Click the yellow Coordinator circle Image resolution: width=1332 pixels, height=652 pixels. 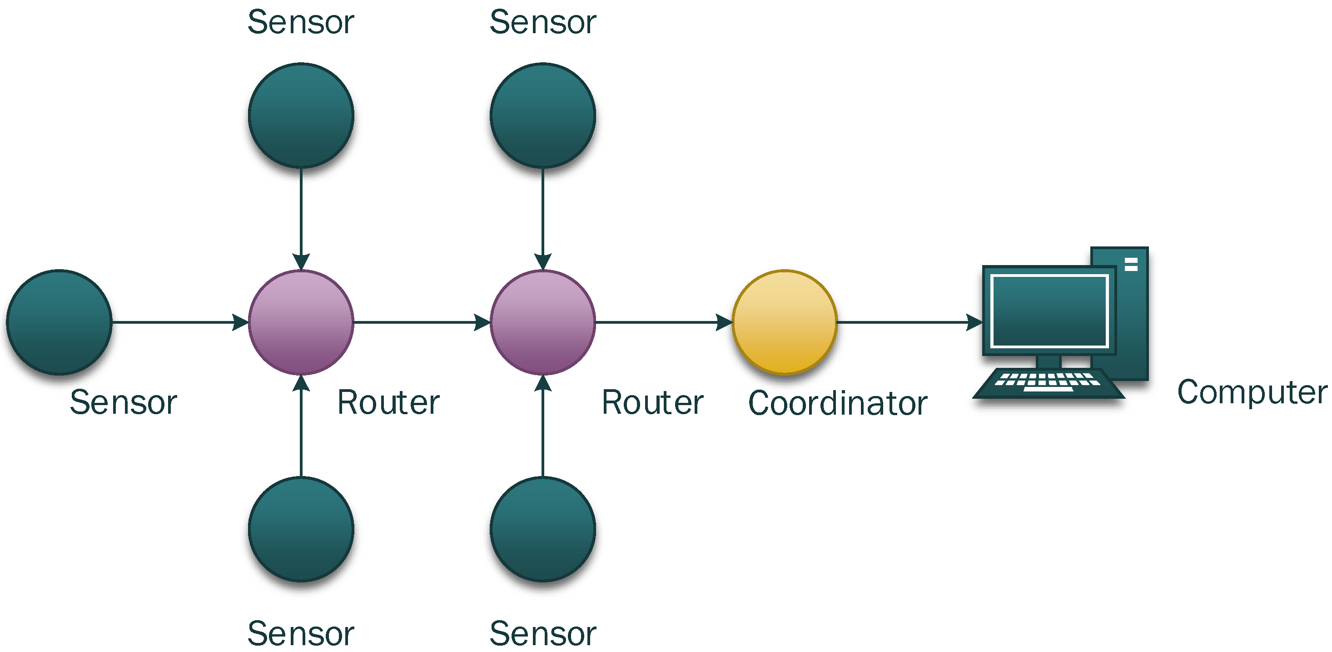[785, 322]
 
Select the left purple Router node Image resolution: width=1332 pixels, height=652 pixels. [301, 322]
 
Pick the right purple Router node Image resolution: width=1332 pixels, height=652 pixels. [542, 322]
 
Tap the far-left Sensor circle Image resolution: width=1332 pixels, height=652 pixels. [59, 322]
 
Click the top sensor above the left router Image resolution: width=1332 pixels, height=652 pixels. [301, 115]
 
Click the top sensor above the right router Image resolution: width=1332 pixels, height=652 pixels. [542, 115]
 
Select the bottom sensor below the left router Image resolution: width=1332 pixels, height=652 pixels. [301, 529]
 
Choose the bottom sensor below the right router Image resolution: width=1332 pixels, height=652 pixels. [542, 529]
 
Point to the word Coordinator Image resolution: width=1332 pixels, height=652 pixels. [837, 403]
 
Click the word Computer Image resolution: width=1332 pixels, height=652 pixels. [1251, 392]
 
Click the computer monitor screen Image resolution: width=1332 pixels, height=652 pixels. [1049, 311]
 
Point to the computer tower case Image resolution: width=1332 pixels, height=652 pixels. [1133, 311]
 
